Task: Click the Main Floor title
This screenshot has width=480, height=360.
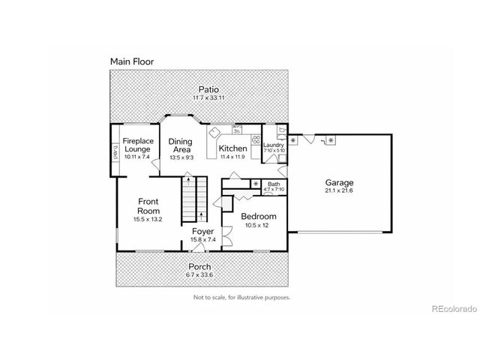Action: (x=132, y=61)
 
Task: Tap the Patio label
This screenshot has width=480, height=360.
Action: (x=198, y=90)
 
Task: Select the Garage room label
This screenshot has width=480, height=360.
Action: (x=339, y=182)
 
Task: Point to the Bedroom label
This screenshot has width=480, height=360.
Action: (x=259, y=216)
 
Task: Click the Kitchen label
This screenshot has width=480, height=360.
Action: (x=232, y=148)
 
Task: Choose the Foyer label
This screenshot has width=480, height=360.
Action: (x=202, y=231)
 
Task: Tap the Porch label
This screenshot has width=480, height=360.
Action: (x=199, y=266)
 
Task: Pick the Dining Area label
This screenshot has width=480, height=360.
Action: (x=180, y=145)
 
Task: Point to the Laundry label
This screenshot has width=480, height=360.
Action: (x=274, y=145)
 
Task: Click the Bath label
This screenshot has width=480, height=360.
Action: (x=274, y=184)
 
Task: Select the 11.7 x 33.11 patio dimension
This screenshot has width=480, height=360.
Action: (x=198, y=98)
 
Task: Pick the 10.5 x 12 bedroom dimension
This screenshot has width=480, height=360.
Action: (x=259, y=226)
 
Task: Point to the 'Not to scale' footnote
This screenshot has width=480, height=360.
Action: (x=241, y=297)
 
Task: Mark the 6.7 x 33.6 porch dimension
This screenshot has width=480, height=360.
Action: (x=199, y=274)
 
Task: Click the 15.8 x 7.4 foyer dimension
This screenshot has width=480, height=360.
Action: (x=202, y=240)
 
